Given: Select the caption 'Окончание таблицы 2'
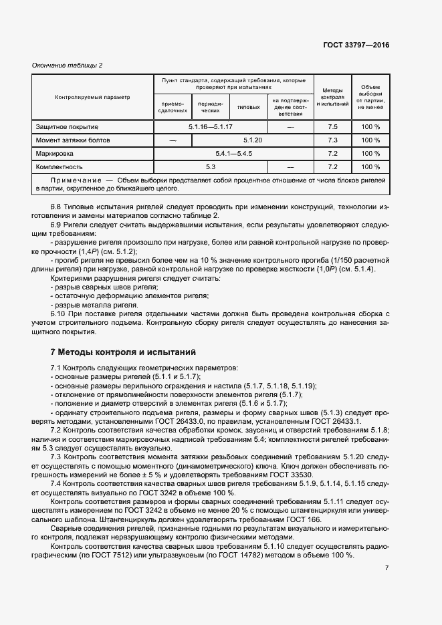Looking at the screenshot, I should (x=68, y=65).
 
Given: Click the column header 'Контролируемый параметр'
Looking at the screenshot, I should (x=92, y=97).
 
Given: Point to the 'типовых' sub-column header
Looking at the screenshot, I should (x=249, y=107).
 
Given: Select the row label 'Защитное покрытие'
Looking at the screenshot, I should (x=67, y=127).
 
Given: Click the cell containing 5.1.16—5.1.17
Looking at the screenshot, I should (x=210, y=127).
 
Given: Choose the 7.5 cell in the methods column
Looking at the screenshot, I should (x=333, y=127).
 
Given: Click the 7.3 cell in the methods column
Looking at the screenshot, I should (x=333, y=140).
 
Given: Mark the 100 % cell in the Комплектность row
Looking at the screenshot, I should (x=370, y=167).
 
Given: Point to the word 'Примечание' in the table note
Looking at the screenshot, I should (x=75, y=180).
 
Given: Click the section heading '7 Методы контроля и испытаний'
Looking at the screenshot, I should (x=123, y=352).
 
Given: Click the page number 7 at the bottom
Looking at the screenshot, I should (x=386, y=568).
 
